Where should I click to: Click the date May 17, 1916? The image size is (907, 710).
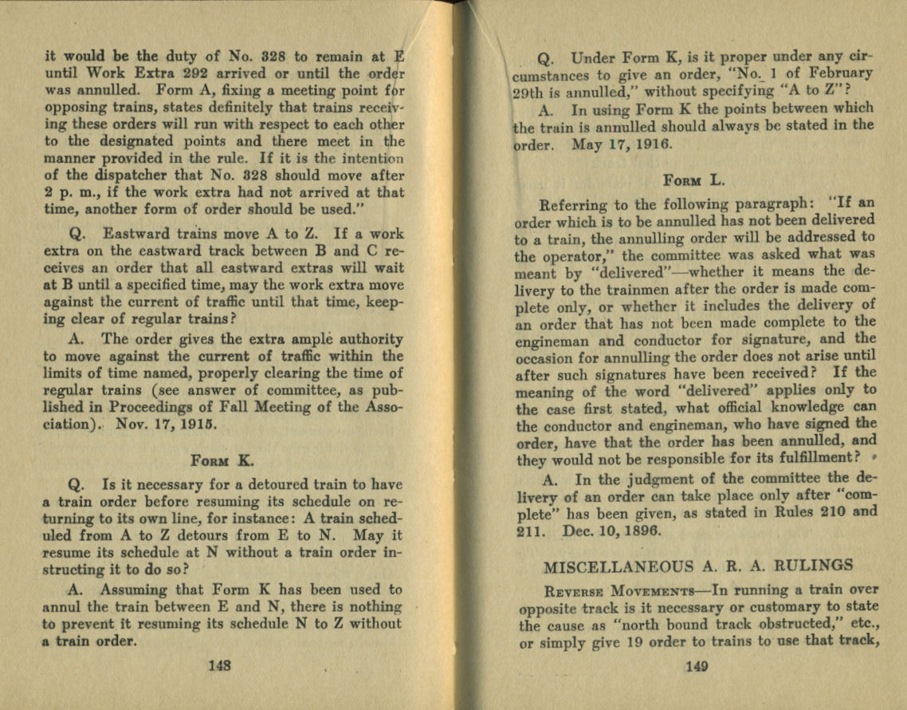tap(621, 146)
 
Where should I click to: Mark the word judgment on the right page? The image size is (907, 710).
tap(645, 479)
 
